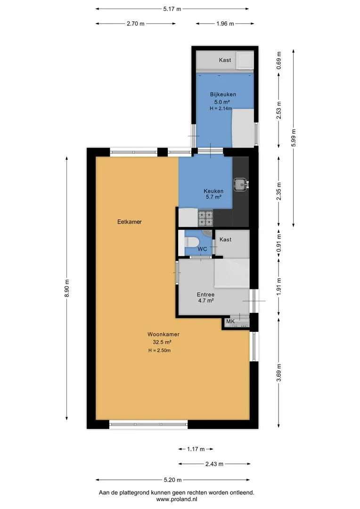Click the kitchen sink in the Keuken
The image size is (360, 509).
(x=240, y=184)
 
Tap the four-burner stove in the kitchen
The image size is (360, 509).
(x=205, y=218)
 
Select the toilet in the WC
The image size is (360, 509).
(x=191, y=242)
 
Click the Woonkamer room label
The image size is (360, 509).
(x=164, y=334)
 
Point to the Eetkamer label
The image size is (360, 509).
(x=130, y=222)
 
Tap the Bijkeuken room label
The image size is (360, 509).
(x=223, y=94)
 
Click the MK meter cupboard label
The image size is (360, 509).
(x=230, y=321)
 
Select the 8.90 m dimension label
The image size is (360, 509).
(x=67, y=288)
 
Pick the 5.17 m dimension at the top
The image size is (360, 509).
(x=172, y=9)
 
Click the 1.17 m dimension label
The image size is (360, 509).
(x=196, y=449)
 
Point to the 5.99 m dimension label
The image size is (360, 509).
(x=294, y=138)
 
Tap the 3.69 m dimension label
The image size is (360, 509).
(x=279, y=373)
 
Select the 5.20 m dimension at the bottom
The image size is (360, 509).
(x=172, y=480)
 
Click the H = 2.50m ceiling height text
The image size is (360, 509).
(x=159, y=351)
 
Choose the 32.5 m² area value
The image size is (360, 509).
(x=162, y=342)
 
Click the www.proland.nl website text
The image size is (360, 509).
(x=177, y=499)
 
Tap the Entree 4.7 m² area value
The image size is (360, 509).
(x=206, y=301)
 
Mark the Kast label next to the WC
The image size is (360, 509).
(x=225, y=239)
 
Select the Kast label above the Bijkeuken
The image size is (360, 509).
(x=225, y=60)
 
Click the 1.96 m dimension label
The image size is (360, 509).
(x=225, y=24)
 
